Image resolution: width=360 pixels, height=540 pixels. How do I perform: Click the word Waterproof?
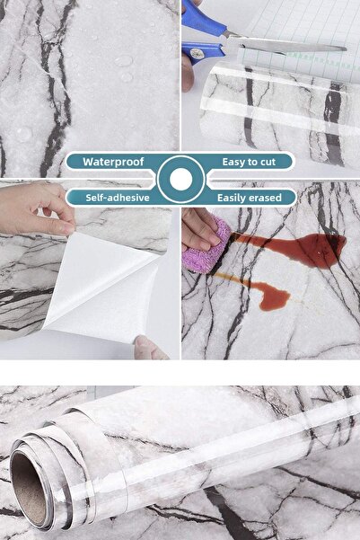tap(113, 162)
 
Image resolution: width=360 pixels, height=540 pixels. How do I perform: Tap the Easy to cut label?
tap(249, 162)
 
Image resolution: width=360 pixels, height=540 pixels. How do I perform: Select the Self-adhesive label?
tap(118, 198)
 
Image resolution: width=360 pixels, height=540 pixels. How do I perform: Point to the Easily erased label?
tap(250, 198)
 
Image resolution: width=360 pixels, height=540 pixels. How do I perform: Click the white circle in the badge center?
tap(180, 180)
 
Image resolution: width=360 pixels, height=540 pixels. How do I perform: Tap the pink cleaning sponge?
tap(206, 245)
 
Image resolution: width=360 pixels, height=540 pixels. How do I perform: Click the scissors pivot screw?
tap(197, 53)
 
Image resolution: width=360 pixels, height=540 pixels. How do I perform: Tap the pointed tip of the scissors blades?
tap(345, 49)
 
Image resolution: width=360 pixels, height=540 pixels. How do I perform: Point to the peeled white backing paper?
tap(103, 289)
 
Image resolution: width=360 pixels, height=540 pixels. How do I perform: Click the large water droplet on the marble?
tap(123, 61)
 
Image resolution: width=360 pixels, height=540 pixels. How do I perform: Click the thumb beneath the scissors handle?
tap(188, 74)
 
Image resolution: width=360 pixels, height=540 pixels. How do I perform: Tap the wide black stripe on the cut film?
tap(333, 124)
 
